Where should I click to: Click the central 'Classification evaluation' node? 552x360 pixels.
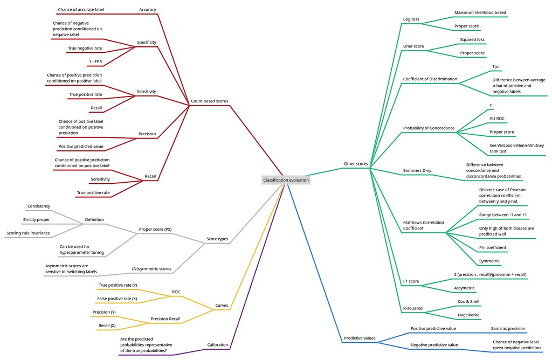click(286, 180)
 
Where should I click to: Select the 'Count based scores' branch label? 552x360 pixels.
click(210, 101)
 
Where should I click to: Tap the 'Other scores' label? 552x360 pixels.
click(355, 164)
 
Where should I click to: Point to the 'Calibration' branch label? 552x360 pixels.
click(217, 345)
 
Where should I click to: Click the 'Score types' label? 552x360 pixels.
click(217, 239)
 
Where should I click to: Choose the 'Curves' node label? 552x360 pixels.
click(222, 306)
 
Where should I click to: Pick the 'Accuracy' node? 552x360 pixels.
click(147, 10)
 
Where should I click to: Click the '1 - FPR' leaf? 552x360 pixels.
click(95, 61)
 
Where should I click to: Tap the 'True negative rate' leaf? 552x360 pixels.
click(85, 48)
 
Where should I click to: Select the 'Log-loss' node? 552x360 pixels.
click(411, 19)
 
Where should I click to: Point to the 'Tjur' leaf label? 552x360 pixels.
click(496, 67)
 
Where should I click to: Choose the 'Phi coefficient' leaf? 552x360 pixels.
click(492, 248)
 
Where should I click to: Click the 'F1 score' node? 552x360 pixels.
click(411, 281)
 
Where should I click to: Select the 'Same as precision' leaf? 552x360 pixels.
click(508, 328)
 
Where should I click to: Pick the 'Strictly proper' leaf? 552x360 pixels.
click(36, 220)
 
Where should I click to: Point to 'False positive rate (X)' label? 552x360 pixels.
click(117, 298)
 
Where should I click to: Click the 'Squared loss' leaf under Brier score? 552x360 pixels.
click(472, 39)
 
